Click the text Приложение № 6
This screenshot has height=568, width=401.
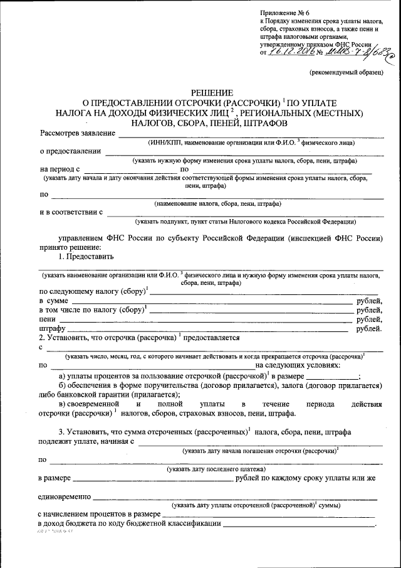[x=283, y=13]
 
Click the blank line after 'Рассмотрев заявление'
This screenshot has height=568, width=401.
[x=251, y=134]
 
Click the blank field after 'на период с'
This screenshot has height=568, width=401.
[x=130, y=169]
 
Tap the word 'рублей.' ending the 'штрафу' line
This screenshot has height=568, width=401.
[x=369, y=328]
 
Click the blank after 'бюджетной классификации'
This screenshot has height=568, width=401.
[x=298, y=523]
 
